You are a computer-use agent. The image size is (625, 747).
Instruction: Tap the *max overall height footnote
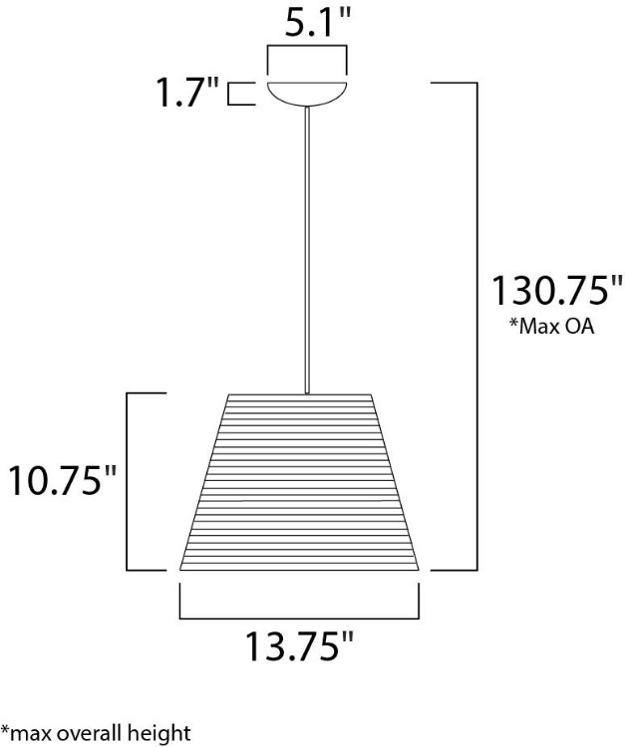[x=96, y=734]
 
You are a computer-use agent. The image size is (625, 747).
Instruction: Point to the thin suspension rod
[x=306, y=249]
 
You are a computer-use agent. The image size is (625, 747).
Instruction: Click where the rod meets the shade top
[x=306, y=393]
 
